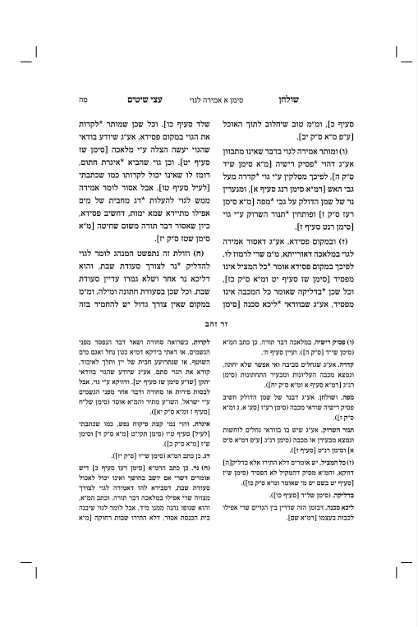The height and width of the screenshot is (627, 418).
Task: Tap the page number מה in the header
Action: point(84,97)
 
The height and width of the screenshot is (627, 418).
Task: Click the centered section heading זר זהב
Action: point(209,325)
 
